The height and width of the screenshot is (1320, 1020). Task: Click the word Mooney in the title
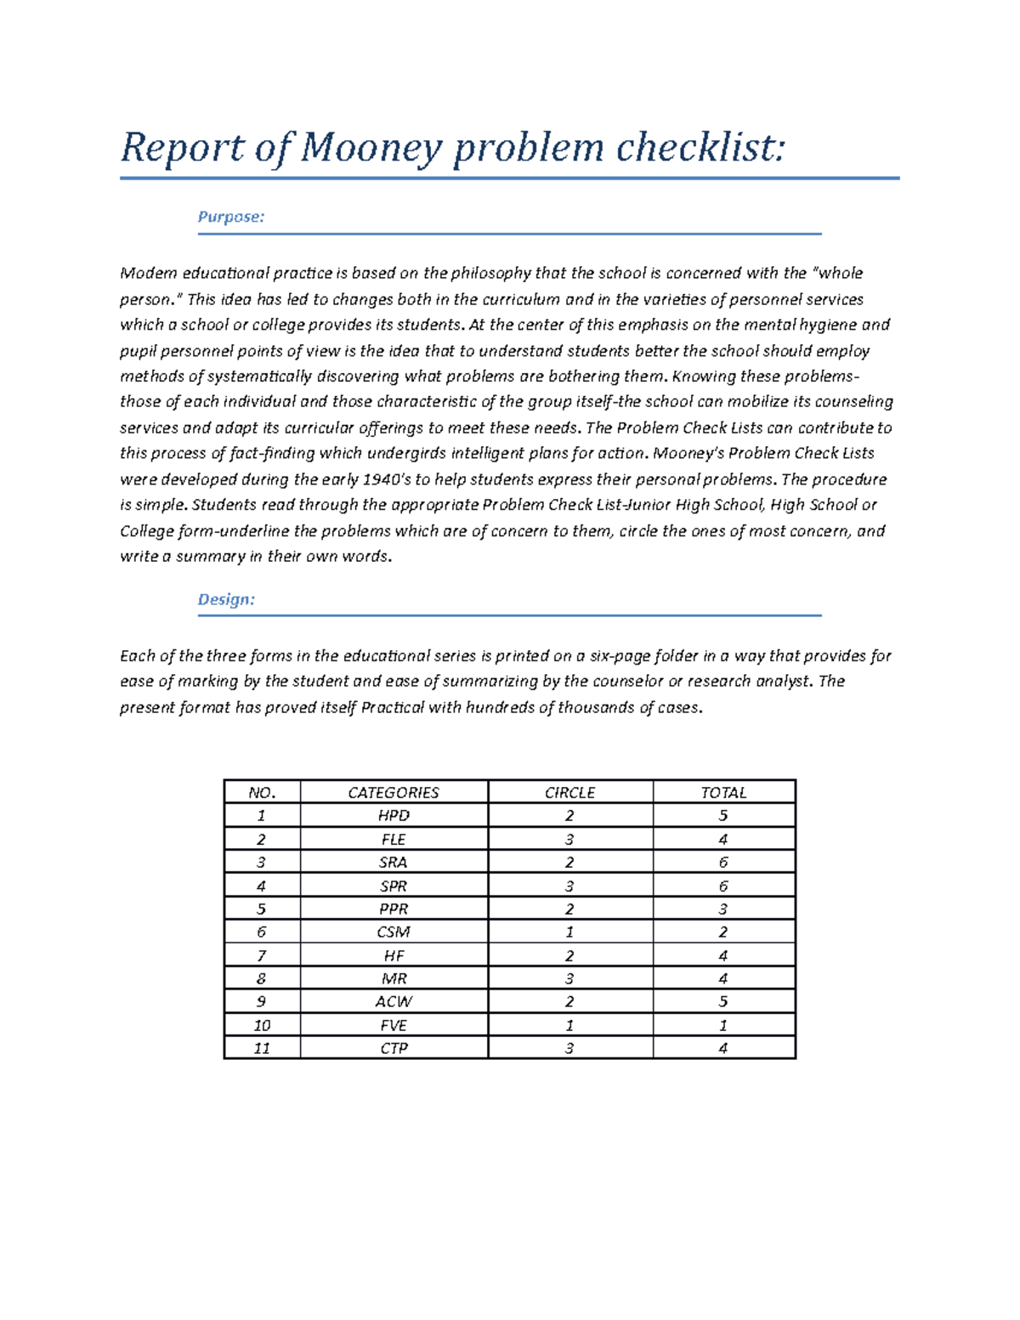click(371, 149)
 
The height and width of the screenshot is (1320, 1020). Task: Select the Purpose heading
click(231, 217)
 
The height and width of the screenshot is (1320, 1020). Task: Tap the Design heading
click(226, 599)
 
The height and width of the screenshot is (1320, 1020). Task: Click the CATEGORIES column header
click(394, 792)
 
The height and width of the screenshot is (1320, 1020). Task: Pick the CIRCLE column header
click(569, 792)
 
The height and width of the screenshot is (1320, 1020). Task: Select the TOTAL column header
click(723, 792)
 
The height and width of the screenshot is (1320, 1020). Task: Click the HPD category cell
click(394, 816)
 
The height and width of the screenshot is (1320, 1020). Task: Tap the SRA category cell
click(394, 862)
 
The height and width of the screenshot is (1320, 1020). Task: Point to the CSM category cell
click(394, 932)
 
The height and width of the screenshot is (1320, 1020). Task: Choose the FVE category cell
click(394, 1025)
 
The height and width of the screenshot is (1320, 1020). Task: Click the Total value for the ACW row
click(723, 1001)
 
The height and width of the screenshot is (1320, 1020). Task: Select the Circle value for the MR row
click(569, 978)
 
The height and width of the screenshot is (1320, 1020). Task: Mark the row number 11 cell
click(262, 1048)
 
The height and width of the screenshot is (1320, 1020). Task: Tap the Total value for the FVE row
click(723, 1025)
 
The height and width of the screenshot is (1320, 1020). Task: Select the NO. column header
click(262, 792)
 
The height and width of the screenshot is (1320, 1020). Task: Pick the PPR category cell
click(394, 909)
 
